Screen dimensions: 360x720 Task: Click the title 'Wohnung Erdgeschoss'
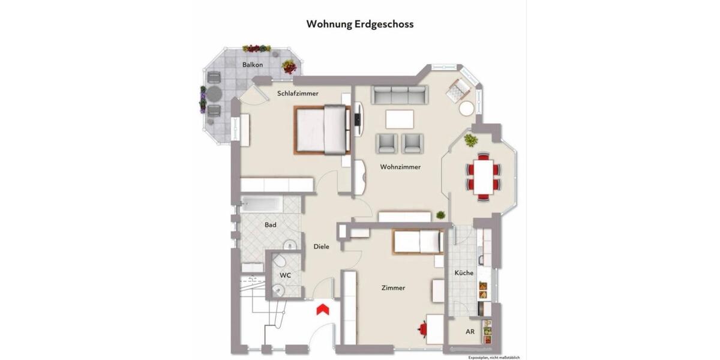pyautogui.click(x=359, y=24)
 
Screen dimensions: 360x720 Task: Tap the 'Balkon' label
pyautogui.click(x=253, y=64)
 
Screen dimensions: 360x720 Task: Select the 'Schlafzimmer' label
pyautogui.click(x=298, y=94)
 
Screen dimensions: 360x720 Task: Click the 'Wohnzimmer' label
pyautogui.click(x=400, y=167)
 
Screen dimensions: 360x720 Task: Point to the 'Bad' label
pyautogui.click(x=271, y=225)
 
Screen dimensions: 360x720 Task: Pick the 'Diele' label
pyautogui.click(x=321, y=247)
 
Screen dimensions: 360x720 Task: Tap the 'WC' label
pyautogui.click(x=286, y=275)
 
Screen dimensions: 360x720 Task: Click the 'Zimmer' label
pyautogui.click(x=393, y=288)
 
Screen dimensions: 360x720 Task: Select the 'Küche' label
pyautogui.click(x=464, y=273)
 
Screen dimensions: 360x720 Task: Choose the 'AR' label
pyautogui.click(x=470, y=331)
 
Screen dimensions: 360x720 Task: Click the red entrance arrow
pyautogui.click(x=322, y=309)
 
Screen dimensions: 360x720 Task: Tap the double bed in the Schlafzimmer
pyautogui.click(x=322, y=129)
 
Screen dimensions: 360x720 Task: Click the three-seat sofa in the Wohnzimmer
pyautogui.click(x=399, y=95)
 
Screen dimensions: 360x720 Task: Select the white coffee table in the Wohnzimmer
pyautogui.click(x=400, y=119)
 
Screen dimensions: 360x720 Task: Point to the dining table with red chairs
pyautogui.click(x=483, y=175)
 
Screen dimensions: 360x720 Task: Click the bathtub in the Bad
pyautogui.click(x=262, y=204)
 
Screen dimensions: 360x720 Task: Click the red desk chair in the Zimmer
pyautogui.click(x=424, y=329)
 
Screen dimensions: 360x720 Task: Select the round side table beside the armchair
pyautogui.click(x=467, y=109)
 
